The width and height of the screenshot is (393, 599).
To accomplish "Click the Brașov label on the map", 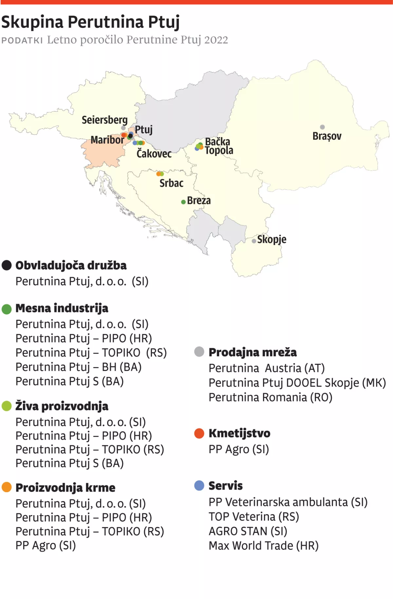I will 327,136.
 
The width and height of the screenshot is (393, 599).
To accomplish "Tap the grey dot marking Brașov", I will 322,127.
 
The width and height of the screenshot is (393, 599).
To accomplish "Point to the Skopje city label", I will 271,240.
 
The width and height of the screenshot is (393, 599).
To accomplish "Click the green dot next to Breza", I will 183,202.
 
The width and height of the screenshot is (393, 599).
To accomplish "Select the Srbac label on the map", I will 171,183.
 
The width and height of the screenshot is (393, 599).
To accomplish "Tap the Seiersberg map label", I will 104,120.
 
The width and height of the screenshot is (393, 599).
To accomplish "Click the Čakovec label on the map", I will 154,154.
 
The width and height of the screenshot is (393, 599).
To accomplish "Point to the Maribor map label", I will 107,140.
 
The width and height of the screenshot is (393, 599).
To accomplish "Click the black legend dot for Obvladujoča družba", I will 7,265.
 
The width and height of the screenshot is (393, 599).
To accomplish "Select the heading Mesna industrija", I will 62,308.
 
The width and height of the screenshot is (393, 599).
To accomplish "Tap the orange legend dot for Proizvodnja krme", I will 7,487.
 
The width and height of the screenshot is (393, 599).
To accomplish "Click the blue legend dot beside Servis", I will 199,485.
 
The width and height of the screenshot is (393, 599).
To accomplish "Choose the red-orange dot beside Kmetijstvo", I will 199,433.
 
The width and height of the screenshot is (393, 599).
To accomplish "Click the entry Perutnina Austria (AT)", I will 266,368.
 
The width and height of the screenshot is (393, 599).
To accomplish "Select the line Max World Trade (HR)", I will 263,546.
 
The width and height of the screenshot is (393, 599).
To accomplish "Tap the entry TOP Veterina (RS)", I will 254,517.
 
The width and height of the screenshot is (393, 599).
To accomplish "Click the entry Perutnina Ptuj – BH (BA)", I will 78,367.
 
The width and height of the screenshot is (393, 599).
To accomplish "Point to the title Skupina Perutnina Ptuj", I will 90,22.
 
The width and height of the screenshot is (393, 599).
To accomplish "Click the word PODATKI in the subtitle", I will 22,41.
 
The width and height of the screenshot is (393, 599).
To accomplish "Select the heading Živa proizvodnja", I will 62,406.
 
